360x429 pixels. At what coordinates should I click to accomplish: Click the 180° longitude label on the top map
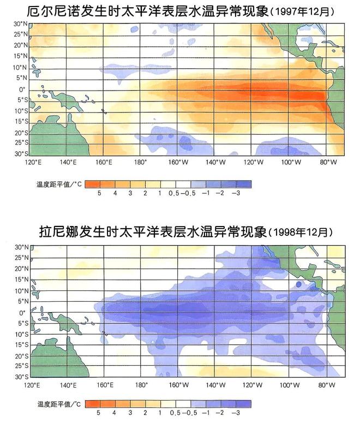pyautogui.click(x=140, y=162)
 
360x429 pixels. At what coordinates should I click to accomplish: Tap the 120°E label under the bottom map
pyautogui.click(x=32, y=385)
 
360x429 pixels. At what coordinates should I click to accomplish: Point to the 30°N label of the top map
pyautogui.click(x=21, y=24)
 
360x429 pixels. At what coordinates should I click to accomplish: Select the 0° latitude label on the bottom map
pyautogui.click(x=22, y=313)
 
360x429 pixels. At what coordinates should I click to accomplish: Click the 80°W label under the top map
pyautogui.click(x=328, y=162)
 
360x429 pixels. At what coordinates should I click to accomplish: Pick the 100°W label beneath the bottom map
pyautogui.click(x=290, y=385)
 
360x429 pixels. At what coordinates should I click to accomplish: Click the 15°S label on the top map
pyautogui.click(x=21, y=122)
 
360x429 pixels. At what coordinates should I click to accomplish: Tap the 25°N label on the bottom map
pyautogui.click(x=22, y=258)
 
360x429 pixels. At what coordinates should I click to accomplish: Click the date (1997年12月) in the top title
pyautogui.click(x=302, y=12)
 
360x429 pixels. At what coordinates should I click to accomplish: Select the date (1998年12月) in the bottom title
pyautogui.click(x=301, y=233)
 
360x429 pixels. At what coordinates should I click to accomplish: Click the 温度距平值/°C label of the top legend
pyautogui.click(x=59, y=184)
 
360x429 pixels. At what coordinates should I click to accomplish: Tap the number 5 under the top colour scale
pyautogui.click(x=99, y=193)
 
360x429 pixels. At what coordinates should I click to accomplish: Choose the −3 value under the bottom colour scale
pyautogui.click(x=236, y=413)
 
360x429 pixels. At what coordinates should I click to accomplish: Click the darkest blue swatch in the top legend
pyautogui.click(x=244, y=184)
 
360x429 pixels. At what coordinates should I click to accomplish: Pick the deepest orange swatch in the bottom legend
pyautogui.click(x=93, y=404)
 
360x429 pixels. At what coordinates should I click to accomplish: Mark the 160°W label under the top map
pyautogui.click(x=178, y=162)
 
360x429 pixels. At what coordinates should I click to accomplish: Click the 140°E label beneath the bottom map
pyautogui.click(x=68, y=385)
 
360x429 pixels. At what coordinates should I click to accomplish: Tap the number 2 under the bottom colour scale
pyautogui.click(x=145, y=413)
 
